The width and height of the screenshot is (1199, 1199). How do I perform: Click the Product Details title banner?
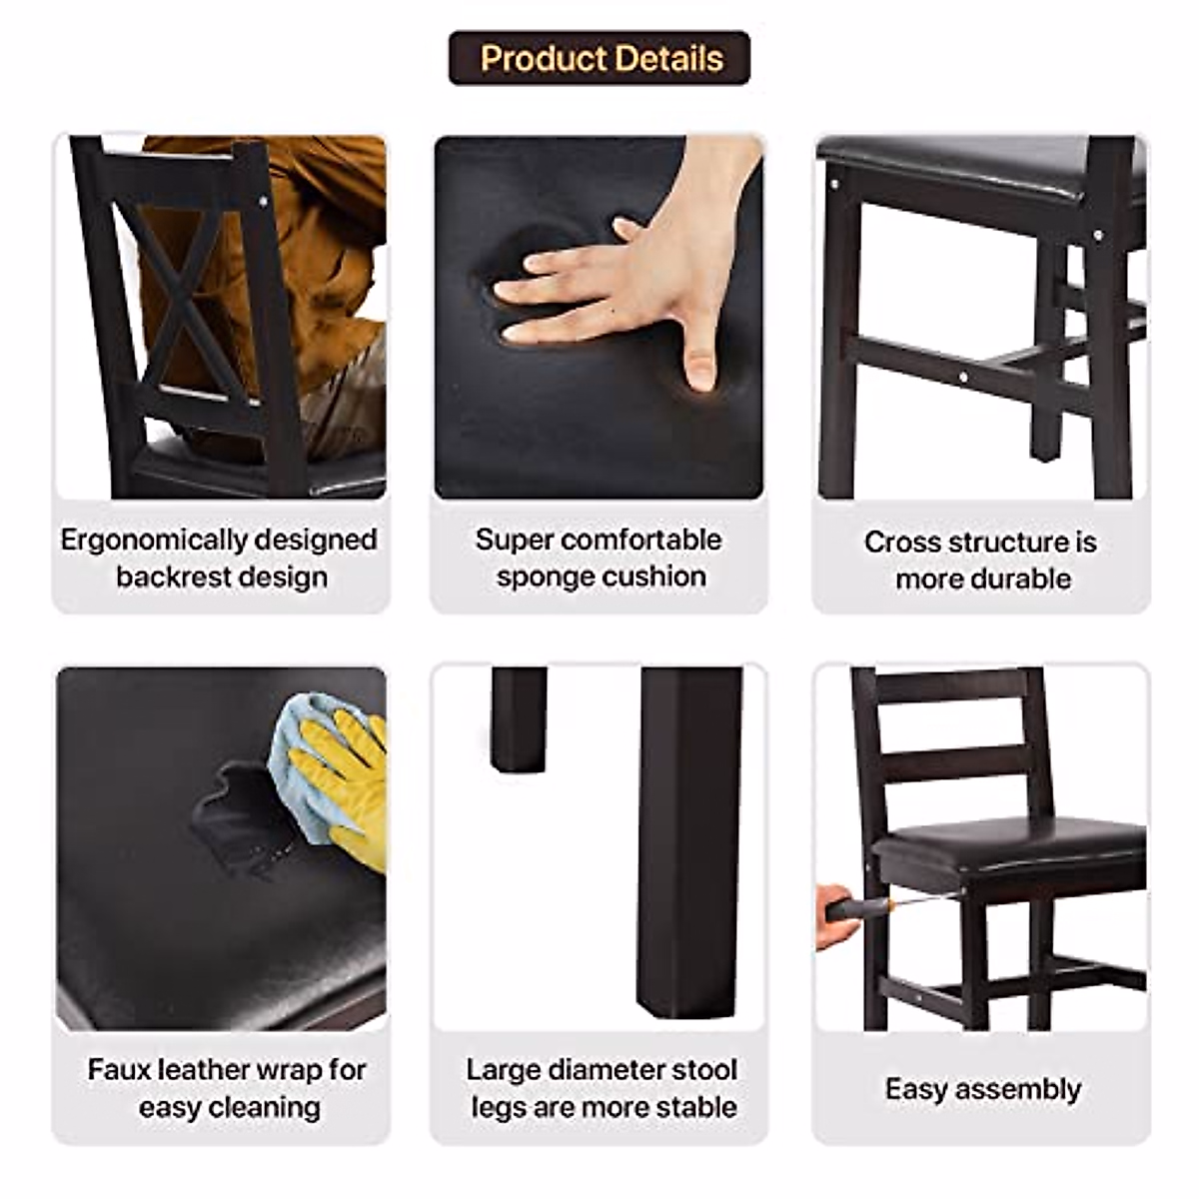599,58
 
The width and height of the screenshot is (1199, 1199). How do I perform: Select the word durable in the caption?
1021,580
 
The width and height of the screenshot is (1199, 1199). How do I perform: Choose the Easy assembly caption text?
982,1089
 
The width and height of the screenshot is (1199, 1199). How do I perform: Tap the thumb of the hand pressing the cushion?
698,361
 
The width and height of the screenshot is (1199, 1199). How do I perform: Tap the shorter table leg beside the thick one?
519,719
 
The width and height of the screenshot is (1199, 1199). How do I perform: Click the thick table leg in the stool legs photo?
689,839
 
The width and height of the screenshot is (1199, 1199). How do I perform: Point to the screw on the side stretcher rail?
962,378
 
